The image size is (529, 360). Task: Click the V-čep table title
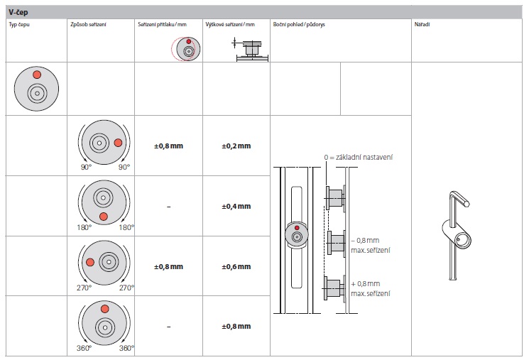18,13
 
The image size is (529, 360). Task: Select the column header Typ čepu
19,25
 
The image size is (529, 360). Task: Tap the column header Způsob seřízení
88,25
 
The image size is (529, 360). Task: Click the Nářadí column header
422,24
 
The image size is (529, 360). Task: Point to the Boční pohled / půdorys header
299,25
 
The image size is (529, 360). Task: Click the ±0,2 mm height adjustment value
236,146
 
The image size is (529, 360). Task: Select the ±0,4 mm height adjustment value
236,206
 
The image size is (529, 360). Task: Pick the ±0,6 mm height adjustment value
236,266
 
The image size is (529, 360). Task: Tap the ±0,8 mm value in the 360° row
236,326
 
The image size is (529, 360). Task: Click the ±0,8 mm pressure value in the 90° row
169,146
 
